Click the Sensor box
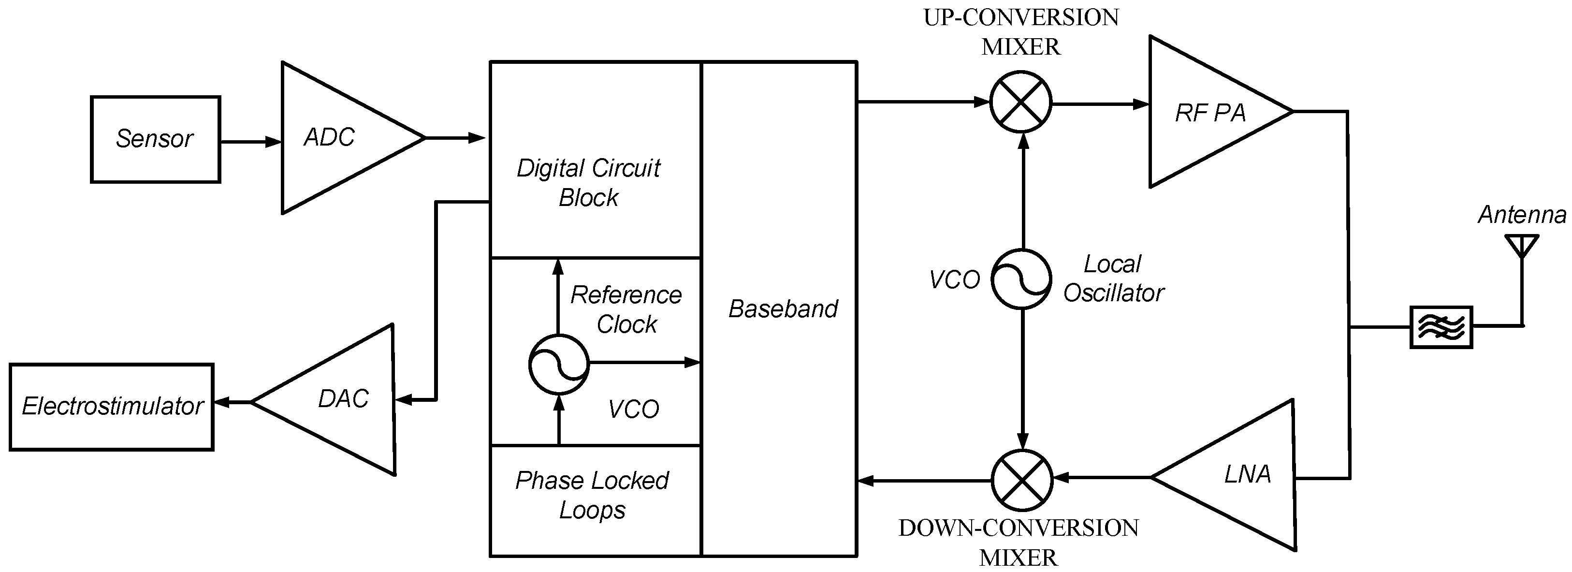click(155, 139)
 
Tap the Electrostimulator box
click(112, 407)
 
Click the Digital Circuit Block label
click(588, 182)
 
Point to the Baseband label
click(783, 309)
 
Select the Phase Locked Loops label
click(592, 495)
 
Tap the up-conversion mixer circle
click(1020, 102)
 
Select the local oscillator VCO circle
click(1021, 279)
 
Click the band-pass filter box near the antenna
click(1441, 327)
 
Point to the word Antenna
click(1522, 215)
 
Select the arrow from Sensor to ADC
click(250, 142)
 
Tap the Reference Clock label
click(626, 309)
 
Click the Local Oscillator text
click(1113, 279)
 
